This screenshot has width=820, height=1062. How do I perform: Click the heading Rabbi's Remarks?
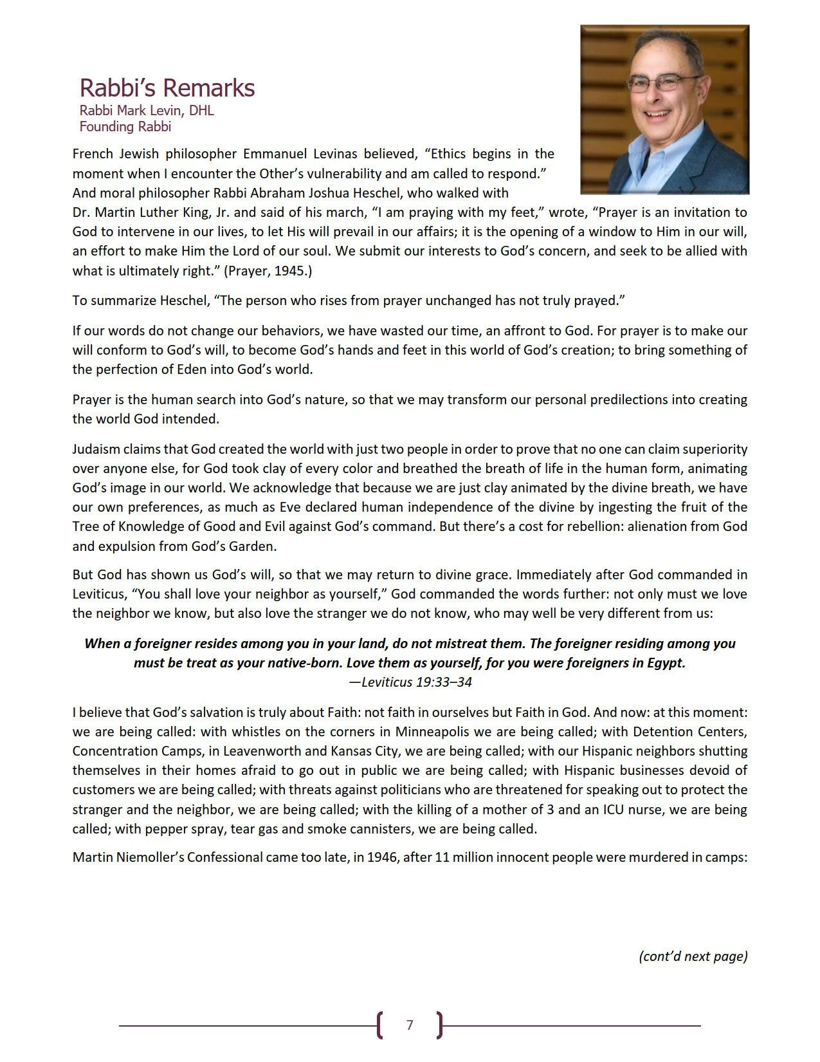point(167,88)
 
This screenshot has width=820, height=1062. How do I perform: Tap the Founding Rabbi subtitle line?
point(125,127)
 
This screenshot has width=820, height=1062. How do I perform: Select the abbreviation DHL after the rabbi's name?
point(201,111)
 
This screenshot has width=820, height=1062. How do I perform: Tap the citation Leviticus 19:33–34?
point(410,682)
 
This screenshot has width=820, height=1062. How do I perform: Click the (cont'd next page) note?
point(693,956)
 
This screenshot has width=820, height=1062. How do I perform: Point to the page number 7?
point(410,1025)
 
